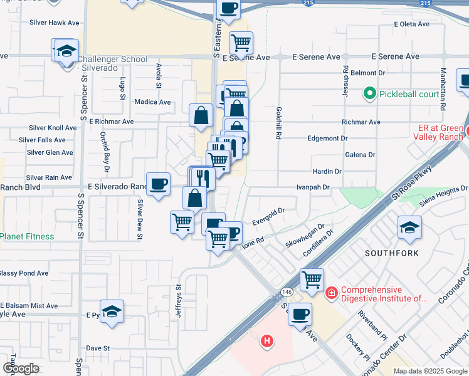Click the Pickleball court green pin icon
369,95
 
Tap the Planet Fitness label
27,236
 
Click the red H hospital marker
267,342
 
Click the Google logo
21,368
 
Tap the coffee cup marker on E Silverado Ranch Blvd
158,184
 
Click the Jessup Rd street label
345,78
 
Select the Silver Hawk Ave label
55,23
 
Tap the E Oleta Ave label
411,24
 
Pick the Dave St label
98,348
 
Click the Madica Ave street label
152,102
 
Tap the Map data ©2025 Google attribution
430,371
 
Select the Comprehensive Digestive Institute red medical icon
330,292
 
